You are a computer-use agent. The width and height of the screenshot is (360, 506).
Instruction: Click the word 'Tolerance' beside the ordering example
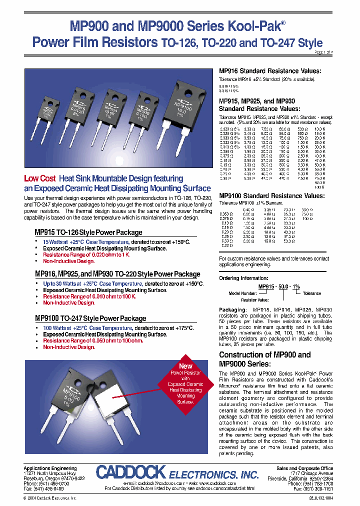tap(311, 293)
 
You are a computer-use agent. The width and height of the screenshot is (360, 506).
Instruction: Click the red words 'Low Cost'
tap(39, 179)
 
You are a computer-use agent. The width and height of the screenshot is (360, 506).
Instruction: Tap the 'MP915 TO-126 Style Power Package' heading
tap(88, 232)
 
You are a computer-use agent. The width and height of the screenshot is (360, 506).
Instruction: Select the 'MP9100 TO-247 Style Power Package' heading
tap(90, 318)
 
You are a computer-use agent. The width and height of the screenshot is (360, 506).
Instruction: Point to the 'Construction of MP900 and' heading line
tap(264, 355)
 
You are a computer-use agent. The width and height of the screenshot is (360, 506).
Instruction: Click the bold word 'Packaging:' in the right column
tap(232, 310)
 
